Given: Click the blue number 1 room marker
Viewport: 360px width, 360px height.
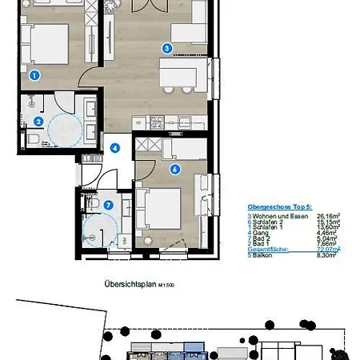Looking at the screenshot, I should [x=34, y=76].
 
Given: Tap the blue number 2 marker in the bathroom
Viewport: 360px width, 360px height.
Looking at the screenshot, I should [x=38, y=122].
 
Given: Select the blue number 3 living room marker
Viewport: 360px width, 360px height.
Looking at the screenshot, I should [x=166, y=48].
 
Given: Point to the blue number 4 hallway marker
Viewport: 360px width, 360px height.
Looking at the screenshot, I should [x=115, y=148].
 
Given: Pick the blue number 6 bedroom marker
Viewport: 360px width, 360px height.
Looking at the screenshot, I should [x=174, y=169].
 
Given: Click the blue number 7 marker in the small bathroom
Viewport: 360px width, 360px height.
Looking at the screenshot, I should [x=109, y=203].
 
